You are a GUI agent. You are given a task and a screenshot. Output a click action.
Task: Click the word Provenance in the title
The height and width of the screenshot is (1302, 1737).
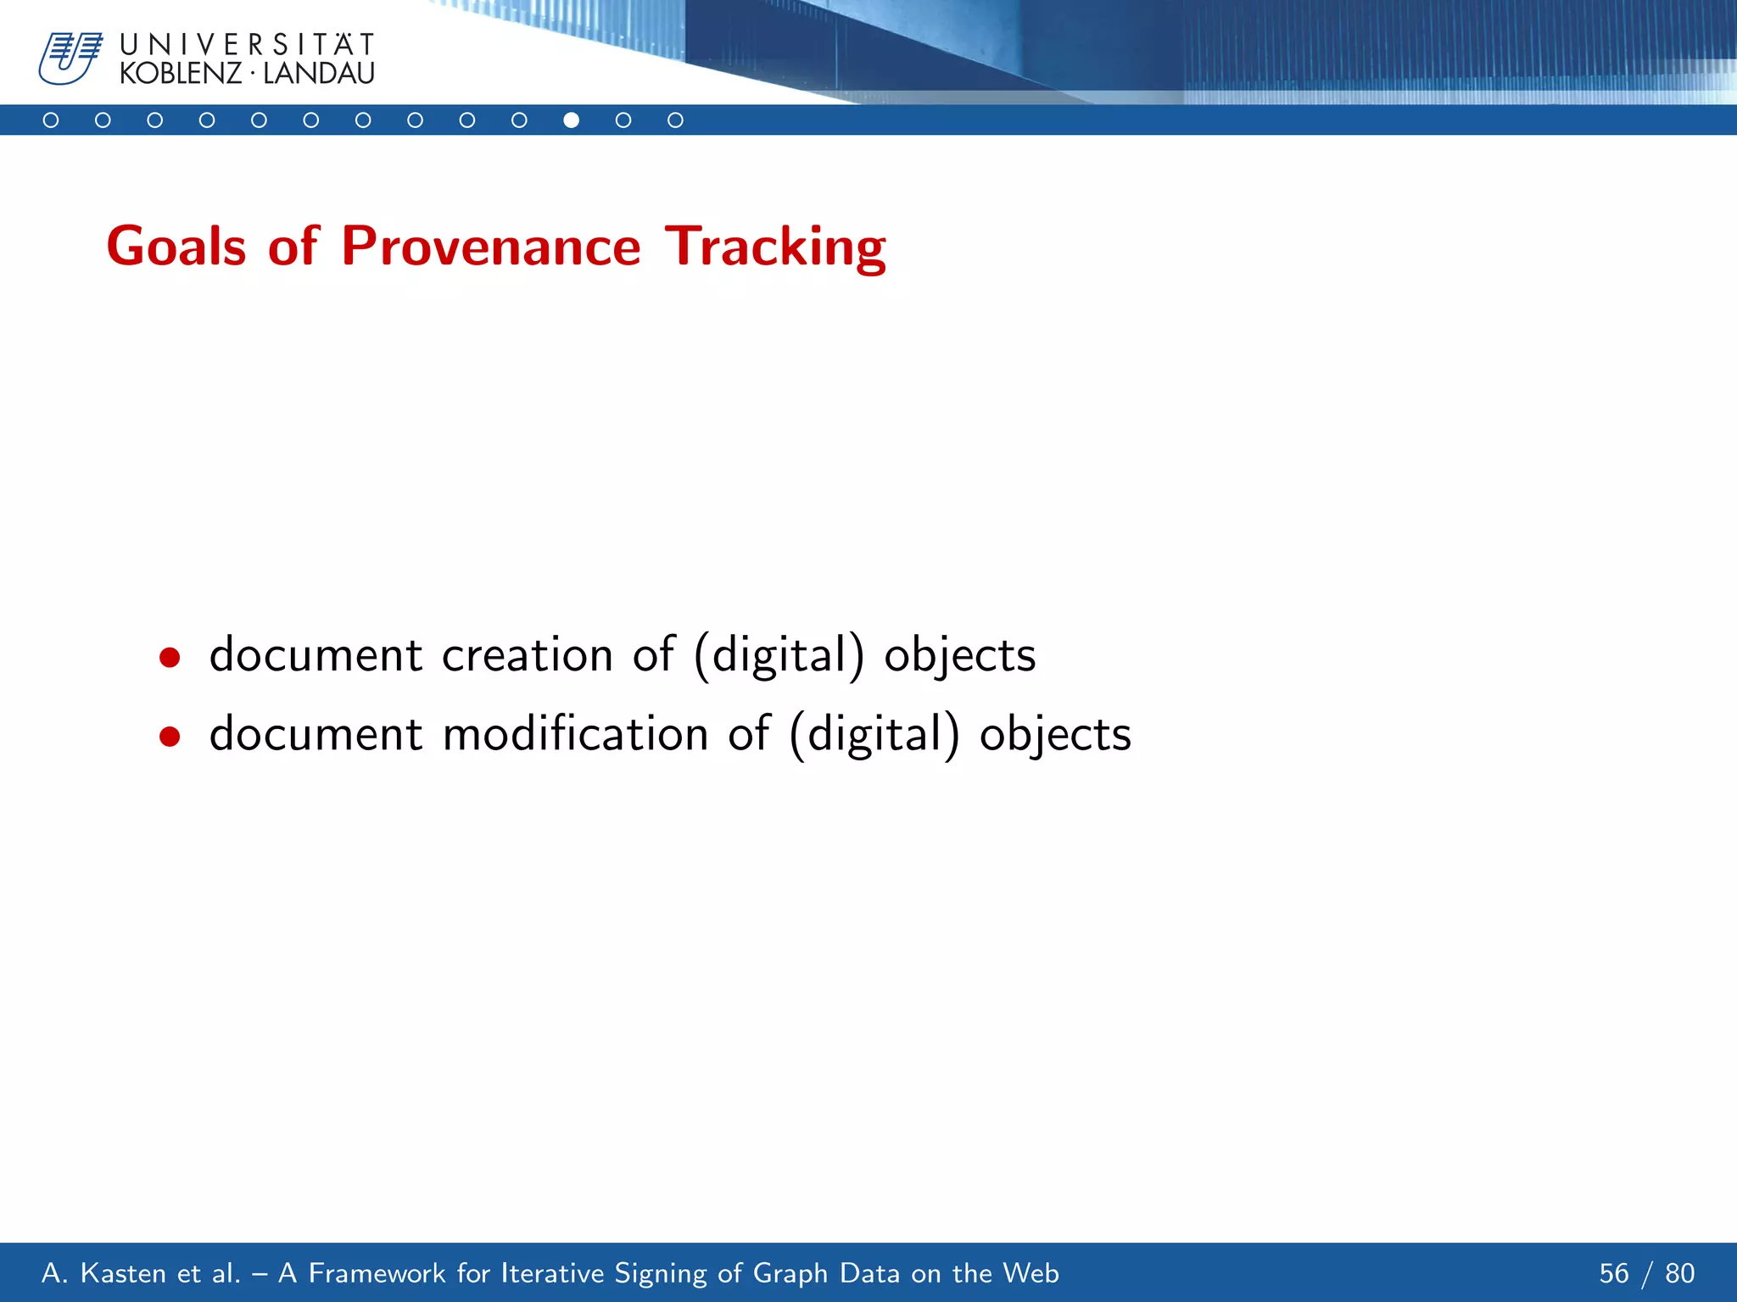tap(490, 247)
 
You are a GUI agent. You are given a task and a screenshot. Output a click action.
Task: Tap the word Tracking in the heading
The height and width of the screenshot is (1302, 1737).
tap(774, 247)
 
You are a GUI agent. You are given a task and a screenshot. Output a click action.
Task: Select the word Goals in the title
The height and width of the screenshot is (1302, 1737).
tap(176, 247)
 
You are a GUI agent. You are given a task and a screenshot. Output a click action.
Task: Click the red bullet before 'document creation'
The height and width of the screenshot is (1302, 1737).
tap(170, 658)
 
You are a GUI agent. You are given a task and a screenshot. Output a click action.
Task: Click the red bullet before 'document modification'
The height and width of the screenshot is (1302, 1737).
tap(170, 737)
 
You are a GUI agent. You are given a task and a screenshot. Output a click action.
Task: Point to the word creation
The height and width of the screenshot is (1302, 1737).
tap(527, 655)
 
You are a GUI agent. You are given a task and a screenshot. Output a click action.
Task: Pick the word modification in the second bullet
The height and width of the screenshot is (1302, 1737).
tap(575, 734)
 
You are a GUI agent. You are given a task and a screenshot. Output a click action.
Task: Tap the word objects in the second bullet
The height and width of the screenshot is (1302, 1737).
tap(1055, 734)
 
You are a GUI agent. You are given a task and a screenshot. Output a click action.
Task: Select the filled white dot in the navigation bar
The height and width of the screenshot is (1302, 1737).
tap(572, 120)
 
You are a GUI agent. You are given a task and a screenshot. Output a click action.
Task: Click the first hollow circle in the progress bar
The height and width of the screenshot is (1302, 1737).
tap(51, 120)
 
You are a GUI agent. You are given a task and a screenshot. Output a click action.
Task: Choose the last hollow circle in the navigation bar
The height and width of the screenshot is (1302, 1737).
tap(675, 120)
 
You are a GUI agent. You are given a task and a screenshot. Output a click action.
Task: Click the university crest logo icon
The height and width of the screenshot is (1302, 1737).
tap(70, 58)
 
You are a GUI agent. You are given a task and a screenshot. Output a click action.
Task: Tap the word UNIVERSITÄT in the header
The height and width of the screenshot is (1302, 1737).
tap(247, 44)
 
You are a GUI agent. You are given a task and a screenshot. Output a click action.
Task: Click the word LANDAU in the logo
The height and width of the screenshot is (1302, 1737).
tap(319, 74)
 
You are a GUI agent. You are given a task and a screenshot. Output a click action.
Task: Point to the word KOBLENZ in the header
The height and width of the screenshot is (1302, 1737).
tap(181, 74)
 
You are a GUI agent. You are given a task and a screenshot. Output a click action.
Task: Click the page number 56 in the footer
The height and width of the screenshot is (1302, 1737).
tap(1613, 1273)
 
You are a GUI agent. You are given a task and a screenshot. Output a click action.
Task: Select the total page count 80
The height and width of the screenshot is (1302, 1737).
tap(1679, 1273)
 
